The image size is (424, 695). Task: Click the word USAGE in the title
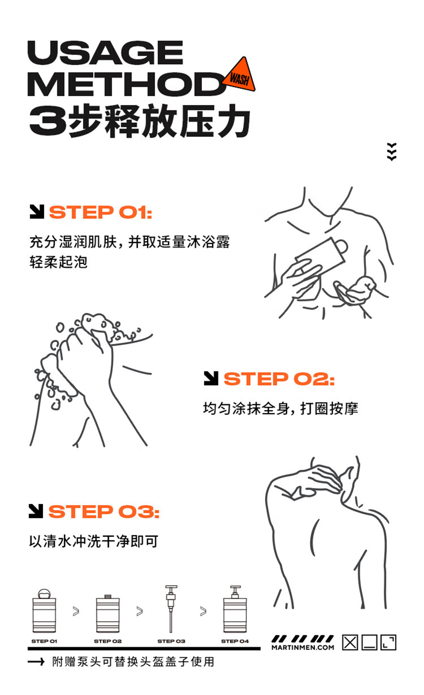[x=105, y=52]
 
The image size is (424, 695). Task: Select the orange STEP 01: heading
[x=101, y=212]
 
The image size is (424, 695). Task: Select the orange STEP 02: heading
[x=279, y=379]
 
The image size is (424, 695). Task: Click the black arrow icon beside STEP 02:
[x=211, y=378]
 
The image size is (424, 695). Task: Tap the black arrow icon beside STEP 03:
[x=36, y=511]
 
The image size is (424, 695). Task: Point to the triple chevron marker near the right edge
[x=392, y=152]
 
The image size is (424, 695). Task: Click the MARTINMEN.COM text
[x=303, y=647]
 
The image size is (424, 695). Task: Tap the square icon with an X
[x=350, y=642]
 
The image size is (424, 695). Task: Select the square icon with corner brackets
[x=388, y=642]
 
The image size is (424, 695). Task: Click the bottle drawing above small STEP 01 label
[x=44, y=611]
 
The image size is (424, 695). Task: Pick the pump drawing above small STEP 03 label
[x=171, y=609]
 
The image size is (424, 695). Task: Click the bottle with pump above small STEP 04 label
[x=235, y=609]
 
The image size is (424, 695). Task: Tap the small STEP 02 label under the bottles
[x=108, y=641]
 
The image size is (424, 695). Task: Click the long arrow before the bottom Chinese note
[x=36, y=662]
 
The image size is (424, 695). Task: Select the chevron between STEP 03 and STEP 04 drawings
[x=203, y=611]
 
